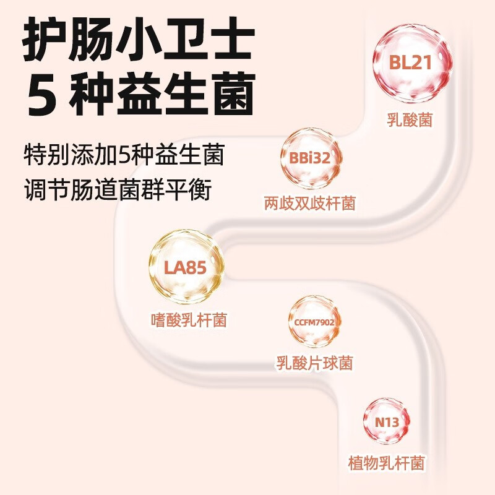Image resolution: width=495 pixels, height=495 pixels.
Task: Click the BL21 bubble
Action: pyautogui.click(x=411, y=63)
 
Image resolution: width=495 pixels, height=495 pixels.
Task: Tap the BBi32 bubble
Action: pyautogui.click(x=309, y=158)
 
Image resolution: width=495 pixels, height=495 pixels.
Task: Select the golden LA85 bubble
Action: pyautogui.click(x=185, y=268)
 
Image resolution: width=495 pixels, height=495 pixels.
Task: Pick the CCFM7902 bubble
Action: pyautogui.click(x=315, y=322)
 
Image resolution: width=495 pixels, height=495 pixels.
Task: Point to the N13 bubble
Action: pyautogui.click(x=387, y=424)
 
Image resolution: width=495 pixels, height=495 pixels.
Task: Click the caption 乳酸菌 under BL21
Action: pyautogui.click(x=410, y=119)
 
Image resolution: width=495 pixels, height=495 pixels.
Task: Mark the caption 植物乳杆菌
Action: pyautogui.click(x=387, y=463)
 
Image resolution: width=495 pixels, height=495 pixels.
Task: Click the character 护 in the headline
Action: pyautogui.click(x=45, y=38)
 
